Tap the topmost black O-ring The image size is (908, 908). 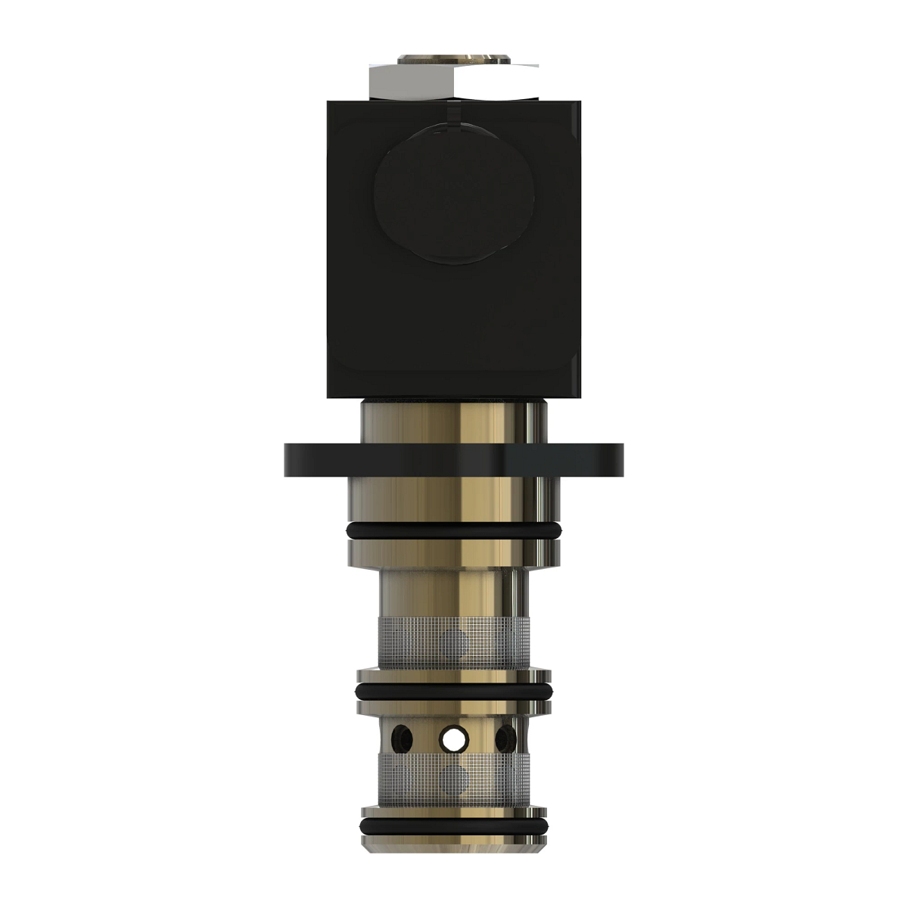click(x=454, y=531)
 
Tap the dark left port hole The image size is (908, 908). click(x=402, y=736)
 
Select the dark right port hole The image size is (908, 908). click(x=505, y=736)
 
